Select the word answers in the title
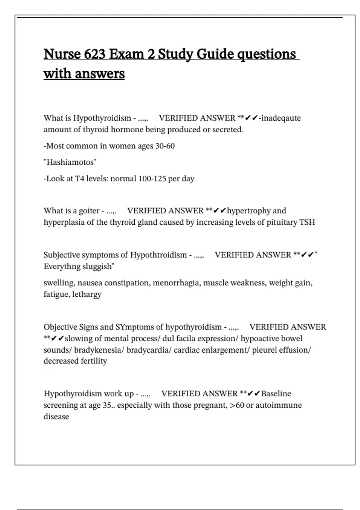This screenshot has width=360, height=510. point(100,74)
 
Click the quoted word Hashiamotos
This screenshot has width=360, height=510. point(70,162)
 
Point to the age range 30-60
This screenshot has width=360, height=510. point(165,146)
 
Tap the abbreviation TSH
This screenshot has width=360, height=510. point(307,222)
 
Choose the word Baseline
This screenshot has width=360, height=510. point(276,394)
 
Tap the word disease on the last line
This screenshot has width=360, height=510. point(56,417)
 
